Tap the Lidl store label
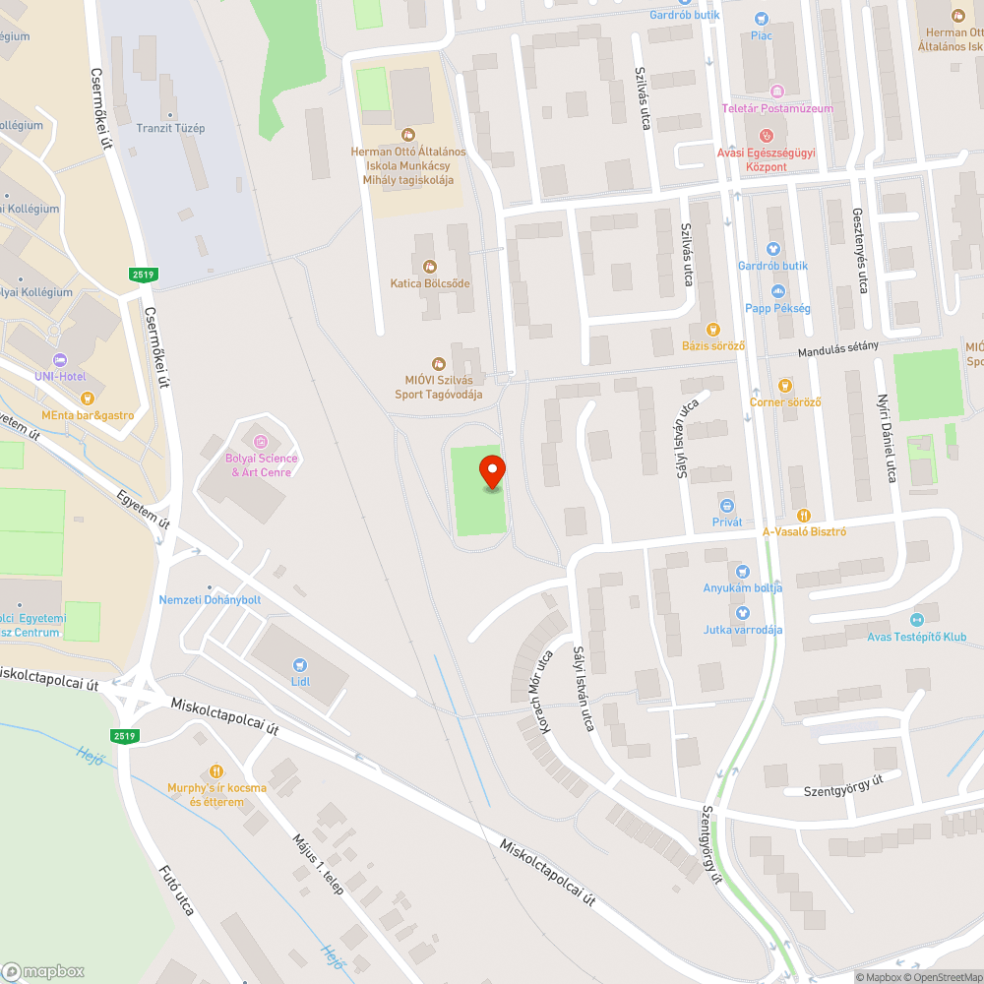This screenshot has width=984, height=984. (301, 681)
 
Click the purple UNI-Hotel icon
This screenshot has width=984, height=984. (59, 360)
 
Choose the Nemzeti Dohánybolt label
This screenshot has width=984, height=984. (210, 599)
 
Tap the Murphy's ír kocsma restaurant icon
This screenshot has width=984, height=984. (216, 771)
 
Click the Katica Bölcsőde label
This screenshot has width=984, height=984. (430, 283)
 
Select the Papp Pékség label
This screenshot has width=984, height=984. (777, 308)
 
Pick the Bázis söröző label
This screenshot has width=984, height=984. (713, 345)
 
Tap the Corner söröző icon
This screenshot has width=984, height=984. (784, 386)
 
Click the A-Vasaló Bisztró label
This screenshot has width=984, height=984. (805, 531)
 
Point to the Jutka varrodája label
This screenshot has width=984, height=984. (743, 630)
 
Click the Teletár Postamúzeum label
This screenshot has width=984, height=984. (777, 108)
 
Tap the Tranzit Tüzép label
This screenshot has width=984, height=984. (170, 129)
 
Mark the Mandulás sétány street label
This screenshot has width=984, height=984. (837, 348)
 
